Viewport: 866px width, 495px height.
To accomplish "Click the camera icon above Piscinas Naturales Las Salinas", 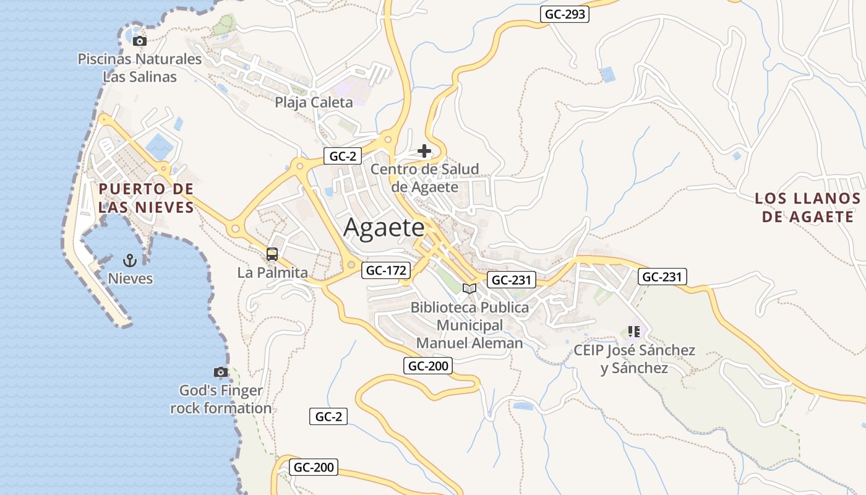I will click(140, 41).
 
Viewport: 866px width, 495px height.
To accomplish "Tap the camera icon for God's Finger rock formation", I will click(221, 372).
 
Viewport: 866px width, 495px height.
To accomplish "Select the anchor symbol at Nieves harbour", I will click(130, 260).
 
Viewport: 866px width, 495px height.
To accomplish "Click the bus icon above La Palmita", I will click(272, 254).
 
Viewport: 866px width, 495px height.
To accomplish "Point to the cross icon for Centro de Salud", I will click(424, 150).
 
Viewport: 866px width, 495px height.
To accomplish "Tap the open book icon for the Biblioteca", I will click(469, 288).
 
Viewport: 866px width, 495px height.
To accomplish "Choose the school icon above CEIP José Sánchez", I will click(633, 332).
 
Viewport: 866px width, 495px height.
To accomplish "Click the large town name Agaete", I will click(384, 228).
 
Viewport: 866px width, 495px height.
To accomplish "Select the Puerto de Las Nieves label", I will click(146, 198).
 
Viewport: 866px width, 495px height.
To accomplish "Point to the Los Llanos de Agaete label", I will click(807, 207).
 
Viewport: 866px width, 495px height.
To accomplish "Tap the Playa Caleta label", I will click(314, 103).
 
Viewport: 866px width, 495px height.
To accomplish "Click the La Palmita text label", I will click(272, 272).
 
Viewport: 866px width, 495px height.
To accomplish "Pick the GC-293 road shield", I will click(564, 14).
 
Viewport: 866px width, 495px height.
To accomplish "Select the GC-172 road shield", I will click(387, 270).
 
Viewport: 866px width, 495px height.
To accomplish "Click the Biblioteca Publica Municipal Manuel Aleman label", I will click(469, 325).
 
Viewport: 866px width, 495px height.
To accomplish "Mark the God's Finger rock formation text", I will click(221, 400).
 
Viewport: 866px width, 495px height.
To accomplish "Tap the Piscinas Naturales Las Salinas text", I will click(140, 68).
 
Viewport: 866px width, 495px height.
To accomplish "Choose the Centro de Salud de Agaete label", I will click(425, 178).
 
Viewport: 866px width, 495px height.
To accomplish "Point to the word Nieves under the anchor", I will click(130, 278).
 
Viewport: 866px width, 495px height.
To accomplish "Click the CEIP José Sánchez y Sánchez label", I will click(634, 359).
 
